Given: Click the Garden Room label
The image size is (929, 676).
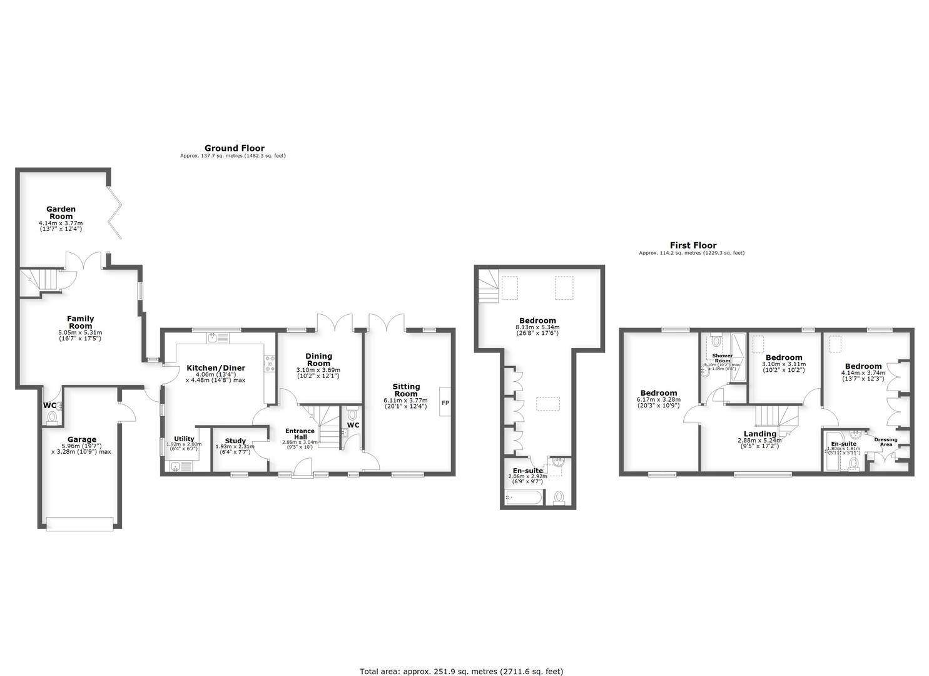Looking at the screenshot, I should tap(61, 213).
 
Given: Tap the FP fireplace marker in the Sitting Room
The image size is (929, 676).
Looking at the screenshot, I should tap(445, 402).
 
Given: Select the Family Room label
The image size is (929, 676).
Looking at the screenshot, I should tap(80, 322).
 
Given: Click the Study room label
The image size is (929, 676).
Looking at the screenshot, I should tap(235, 441).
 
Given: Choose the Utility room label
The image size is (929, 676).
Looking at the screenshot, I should tap(184, 439).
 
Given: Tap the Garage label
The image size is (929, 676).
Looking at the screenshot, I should tap(82, 439).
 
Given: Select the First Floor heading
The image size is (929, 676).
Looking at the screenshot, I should tap(693, 245).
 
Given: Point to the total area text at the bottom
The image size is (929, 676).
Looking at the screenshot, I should tap(462, 671).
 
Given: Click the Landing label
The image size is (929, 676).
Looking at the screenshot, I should tap(760, 434).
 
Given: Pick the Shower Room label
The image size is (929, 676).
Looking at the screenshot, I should tap(723, 358).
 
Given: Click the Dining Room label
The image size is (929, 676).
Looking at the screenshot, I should tap(318, 360).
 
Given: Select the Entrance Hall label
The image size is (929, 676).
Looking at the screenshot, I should tap(300, 434).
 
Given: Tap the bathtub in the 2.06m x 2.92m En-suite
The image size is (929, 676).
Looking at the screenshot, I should tap(523, 498).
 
